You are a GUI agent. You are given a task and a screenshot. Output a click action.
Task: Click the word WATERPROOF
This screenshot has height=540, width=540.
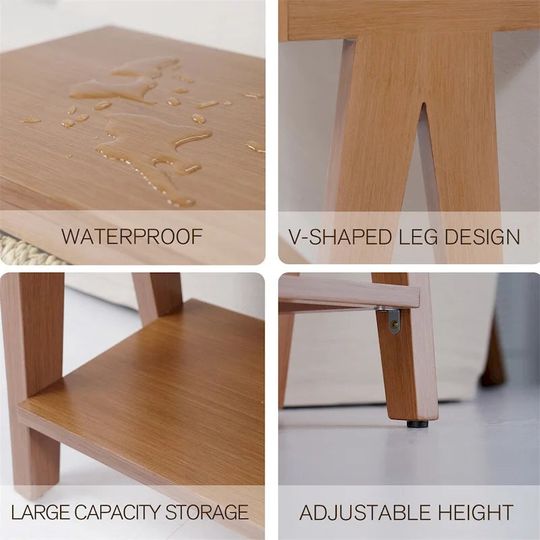[132, 237]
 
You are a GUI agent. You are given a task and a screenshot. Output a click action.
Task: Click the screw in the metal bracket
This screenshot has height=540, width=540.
[394, 325]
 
